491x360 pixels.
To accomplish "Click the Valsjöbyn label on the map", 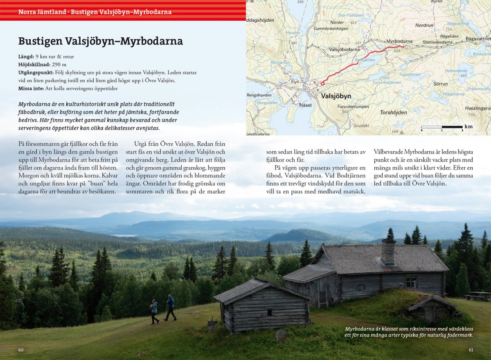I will (x=330, y=96).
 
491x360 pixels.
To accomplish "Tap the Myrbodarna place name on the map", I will (x=400, y=41).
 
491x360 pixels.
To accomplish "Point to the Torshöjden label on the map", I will (x=393, y=112).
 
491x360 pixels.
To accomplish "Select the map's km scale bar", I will (x=441, y=127).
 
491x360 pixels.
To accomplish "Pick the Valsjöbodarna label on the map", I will (x=344, y=49).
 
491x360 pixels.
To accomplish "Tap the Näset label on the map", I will (x=305, y=105).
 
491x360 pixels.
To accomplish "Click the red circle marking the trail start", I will (x=322, y=84).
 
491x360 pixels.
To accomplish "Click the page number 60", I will (x=21, y=350).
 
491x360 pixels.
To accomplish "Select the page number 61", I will (x=471, y=350).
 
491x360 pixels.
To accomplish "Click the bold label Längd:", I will (x=27, y=57).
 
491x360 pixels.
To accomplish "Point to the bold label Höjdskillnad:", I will (x=34, y=64).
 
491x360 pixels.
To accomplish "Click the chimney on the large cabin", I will (x=388, y=252).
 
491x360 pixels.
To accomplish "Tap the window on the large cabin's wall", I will (x=411, y=281).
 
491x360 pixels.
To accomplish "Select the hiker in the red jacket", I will (x=154, y=311).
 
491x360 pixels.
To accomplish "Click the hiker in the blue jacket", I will (x=171, y=307).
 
